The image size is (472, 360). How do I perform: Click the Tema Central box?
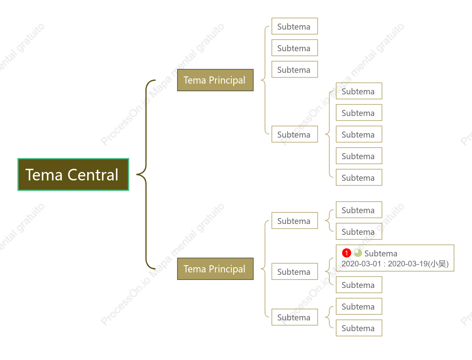(73, 174)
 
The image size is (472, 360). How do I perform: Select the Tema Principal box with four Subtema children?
(215, 80)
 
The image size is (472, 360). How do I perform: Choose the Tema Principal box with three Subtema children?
(215, 269)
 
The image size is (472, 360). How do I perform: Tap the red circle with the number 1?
(347, 253)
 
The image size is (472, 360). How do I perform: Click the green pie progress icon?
(358, 253)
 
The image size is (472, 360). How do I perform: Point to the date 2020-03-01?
(361, 264)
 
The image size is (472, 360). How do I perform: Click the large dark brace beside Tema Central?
(146, 174)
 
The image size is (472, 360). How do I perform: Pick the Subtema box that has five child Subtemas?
(295, 134)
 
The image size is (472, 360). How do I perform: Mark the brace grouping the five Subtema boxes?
(329, 134)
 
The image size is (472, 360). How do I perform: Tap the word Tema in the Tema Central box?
(44, 175)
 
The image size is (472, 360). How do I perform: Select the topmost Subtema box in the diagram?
(295, 26)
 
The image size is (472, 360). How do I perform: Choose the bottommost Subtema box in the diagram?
(359, 328)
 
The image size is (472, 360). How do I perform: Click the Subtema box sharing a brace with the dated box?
(359, 285)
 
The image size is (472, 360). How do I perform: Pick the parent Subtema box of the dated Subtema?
(295, 272)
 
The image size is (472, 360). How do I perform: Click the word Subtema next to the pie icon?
(381, 253)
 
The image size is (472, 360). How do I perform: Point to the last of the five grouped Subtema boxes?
(359, 178)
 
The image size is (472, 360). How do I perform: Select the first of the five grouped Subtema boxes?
(359, 91)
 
